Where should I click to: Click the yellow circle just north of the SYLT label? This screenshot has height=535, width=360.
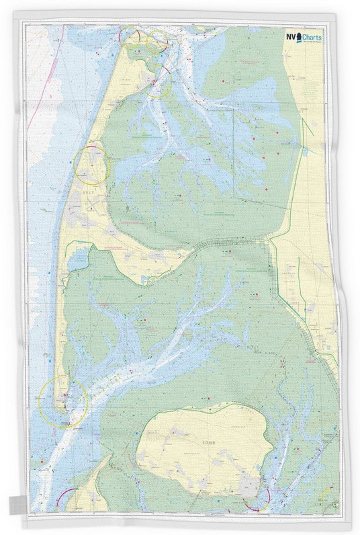coord(91,165)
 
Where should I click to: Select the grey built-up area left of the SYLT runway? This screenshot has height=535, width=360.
coord(77,205)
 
